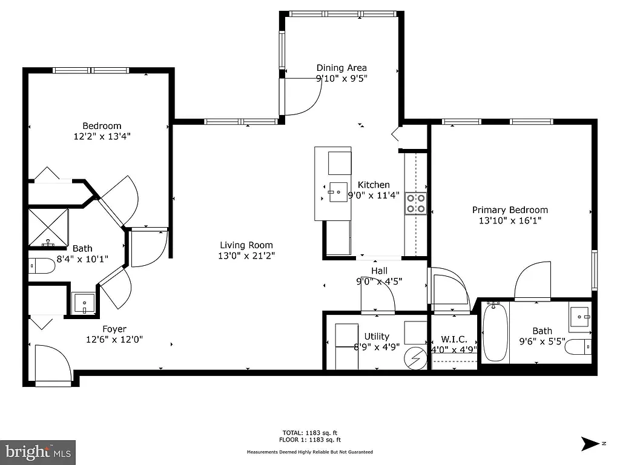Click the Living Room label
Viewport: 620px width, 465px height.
(246, 245)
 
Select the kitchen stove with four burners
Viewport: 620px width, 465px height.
(415, 203)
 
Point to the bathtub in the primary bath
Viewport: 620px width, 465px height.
(495, 332)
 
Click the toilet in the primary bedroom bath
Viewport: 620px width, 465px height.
(580, 347)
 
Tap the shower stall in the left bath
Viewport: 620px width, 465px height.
(48, 227)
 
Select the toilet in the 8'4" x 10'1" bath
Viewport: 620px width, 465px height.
(41, 266)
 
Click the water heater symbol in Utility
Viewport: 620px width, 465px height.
(416, 358)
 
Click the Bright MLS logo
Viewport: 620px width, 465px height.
(38, 452)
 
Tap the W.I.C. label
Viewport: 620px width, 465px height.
(453, 340)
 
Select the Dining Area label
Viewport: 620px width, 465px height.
(341, 68)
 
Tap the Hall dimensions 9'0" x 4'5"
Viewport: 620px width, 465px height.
(379, 281)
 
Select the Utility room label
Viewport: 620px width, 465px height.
(377, 337)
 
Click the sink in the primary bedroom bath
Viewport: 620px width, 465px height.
(579, 316)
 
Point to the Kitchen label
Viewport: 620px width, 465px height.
(374, 185)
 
